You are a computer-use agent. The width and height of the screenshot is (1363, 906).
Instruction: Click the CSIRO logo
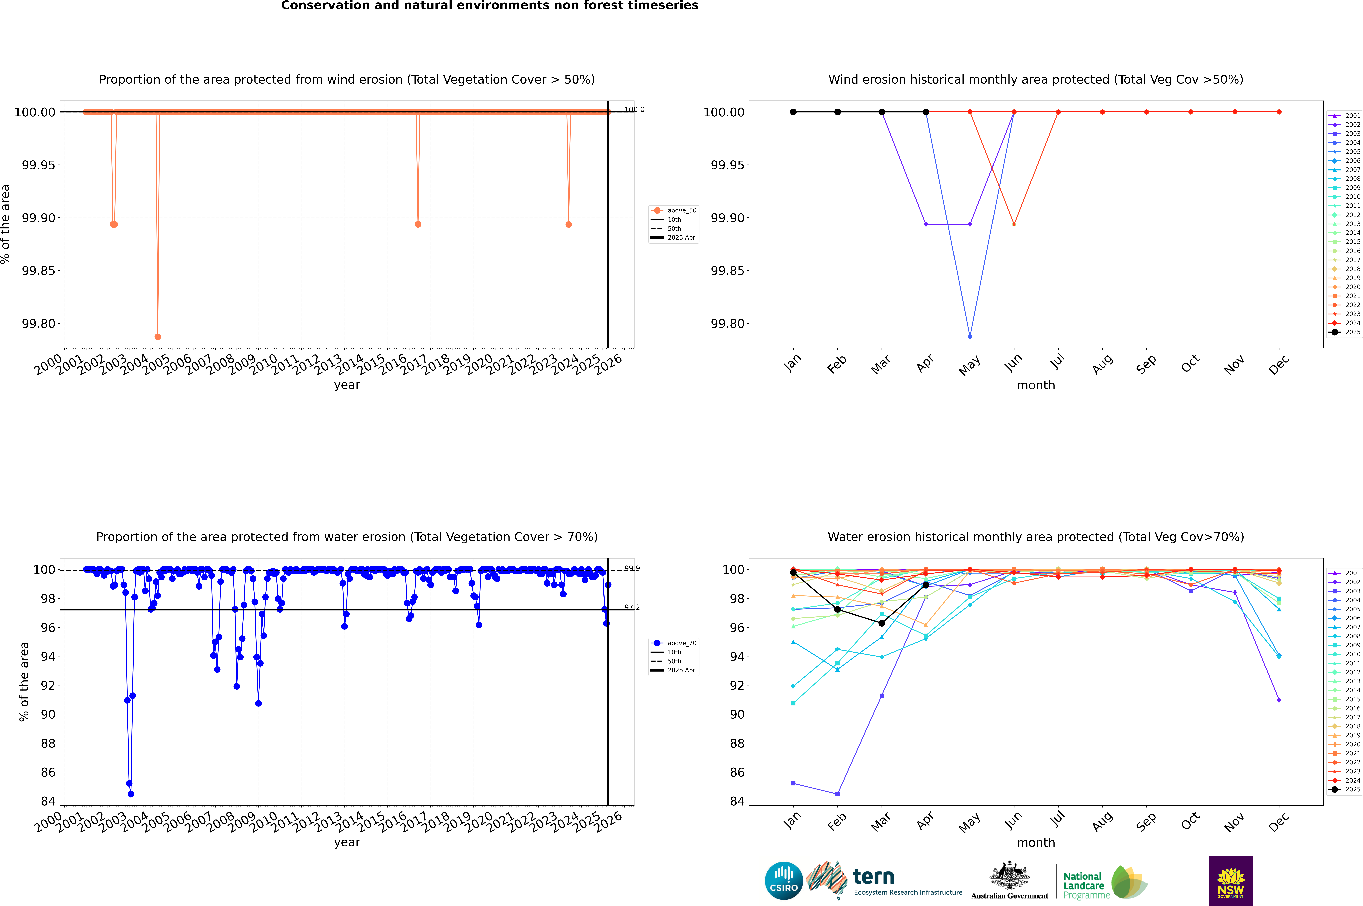(783, 881)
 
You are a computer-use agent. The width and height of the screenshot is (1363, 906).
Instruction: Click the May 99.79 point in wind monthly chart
(970, 336)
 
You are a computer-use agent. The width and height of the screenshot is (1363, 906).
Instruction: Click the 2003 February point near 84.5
(837, 794)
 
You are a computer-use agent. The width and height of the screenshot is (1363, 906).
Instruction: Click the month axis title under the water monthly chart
(1035, 842)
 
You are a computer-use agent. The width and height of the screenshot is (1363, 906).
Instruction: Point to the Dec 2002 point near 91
(1279, 700)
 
